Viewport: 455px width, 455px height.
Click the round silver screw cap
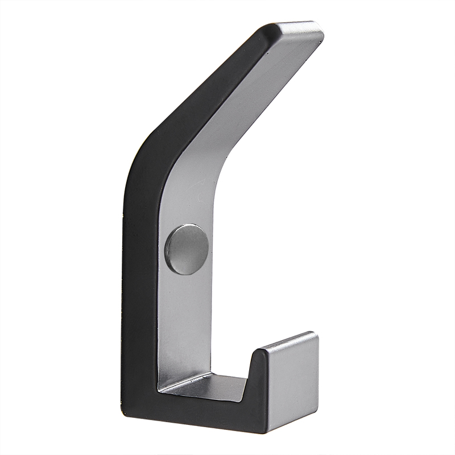pos(187,249)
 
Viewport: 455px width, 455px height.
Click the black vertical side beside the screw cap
pos(142,250)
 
